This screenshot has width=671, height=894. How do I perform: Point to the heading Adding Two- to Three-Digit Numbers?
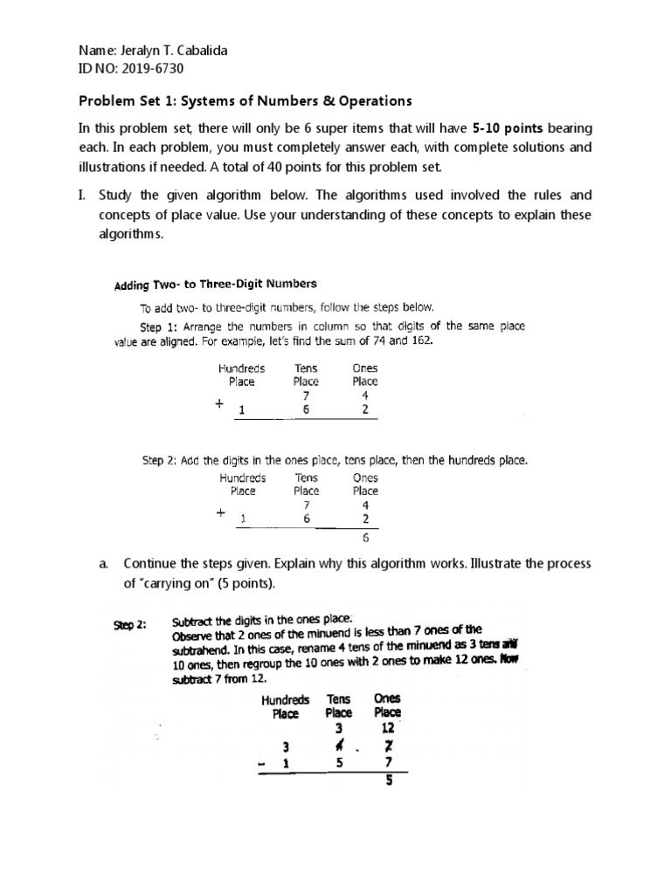click(x=216, y=284)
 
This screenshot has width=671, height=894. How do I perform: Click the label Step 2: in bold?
click(x=130, y=623)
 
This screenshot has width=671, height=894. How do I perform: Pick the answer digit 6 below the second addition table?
click(x=365, y=539)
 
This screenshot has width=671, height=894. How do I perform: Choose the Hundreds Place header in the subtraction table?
click(x=285, y=705)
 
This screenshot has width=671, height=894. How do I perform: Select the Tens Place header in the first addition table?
click(x=307, y=375)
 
